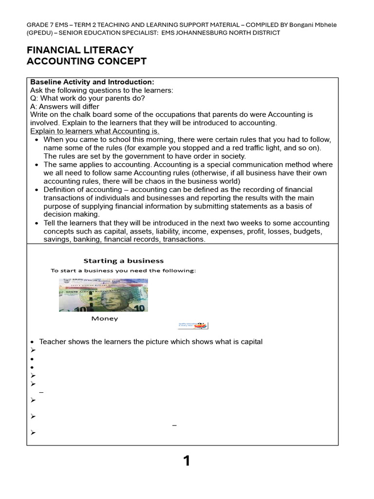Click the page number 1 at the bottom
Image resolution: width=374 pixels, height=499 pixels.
point(187,461)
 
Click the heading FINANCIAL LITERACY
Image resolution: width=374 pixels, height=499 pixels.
point(80,50)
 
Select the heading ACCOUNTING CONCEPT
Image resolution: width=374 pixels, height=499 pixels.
point(86,61)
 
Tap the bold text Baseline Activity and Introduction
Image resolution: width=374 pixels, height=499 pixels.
point(92,82)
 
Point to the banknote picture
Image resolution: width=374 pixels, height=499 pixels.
point(103,295)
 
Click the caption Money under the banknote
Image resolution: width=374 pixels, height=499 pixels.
point(105,319)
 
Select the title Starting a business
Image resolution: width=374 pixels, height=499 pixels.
point(124,261)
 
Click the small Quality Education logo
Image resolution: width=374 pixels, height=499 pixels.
point(193,326)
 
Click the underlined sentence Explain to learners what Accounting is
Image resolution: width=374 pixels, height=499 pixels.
point(95,132)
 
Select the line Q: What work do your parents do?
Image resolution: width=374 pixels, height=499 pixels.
point(88,98)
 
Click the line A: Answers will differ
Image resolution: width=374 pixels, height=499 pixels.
point(65,107)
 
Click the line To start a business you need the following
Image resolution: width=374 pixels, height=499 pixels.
point(123,270)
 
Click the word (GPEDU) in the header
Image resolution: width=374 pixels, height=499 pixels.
point(40,33)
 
